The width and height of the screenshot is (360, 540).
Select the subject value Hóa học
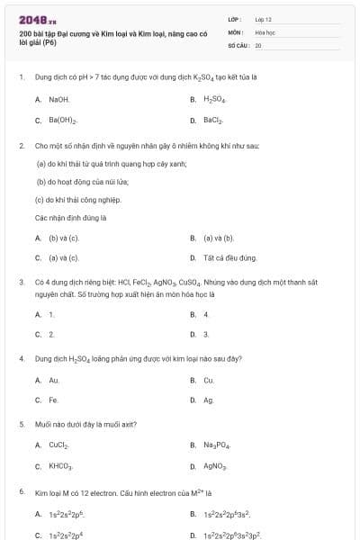point(264,31)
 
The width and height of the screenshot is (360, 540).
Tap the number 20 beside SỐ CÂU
point(258,44)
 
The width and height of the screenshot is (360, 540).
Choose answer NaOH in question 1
point(58,99)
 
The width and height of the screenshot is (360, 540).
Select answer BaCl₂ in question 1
point(214,120)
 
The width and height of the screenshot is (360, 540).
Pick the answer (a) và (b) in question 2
point(219,238)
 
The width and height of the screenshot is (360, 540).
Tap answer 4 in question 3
point(206,314)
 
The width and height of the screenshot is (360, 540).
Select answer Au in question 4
point(54,380)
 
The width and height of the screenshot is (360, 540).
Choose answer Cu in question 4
point(209,380)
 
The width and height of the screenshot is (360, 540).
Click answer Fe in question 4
point(54,400)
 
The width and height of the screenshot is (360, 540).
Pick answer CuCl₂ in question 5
point(59,445)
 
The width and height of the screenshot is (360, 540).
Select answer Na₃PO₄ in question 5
point(216,445)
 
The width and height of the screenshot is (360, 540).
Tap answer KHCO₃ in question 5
point(61,466)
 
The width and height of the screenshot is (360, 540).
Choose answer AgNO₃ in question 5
point(215,466)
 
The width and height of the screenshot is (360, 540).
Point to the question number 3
point(21,281)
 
